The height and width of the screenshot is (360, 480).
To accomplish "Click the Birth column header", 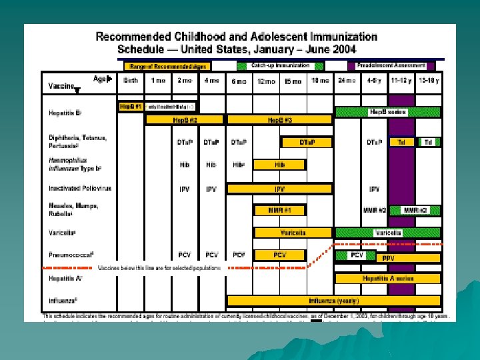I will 131,80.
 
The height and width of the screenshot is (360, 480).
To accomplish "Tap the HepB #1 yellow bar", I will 131,107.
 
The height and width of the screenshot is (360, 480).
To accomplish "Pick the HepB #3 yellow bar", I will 279,120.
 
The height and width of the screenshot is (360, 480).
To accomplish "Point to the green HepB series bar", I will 388,112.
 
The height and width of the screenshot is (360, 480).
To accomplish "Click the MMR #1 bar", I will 279,210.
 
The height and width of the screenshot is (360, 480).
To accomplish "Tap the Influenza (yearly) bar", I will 333,300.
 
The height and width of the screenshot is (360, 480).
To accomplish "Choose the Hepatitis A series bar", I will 387,278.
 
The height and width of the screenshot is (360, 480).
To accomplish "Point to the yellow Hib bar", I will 279,164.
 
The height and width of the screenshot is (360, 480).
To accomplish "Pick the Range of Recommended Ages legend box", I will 167,66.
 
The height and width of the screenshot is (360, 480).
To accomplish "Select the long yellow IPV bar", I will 279,189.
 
